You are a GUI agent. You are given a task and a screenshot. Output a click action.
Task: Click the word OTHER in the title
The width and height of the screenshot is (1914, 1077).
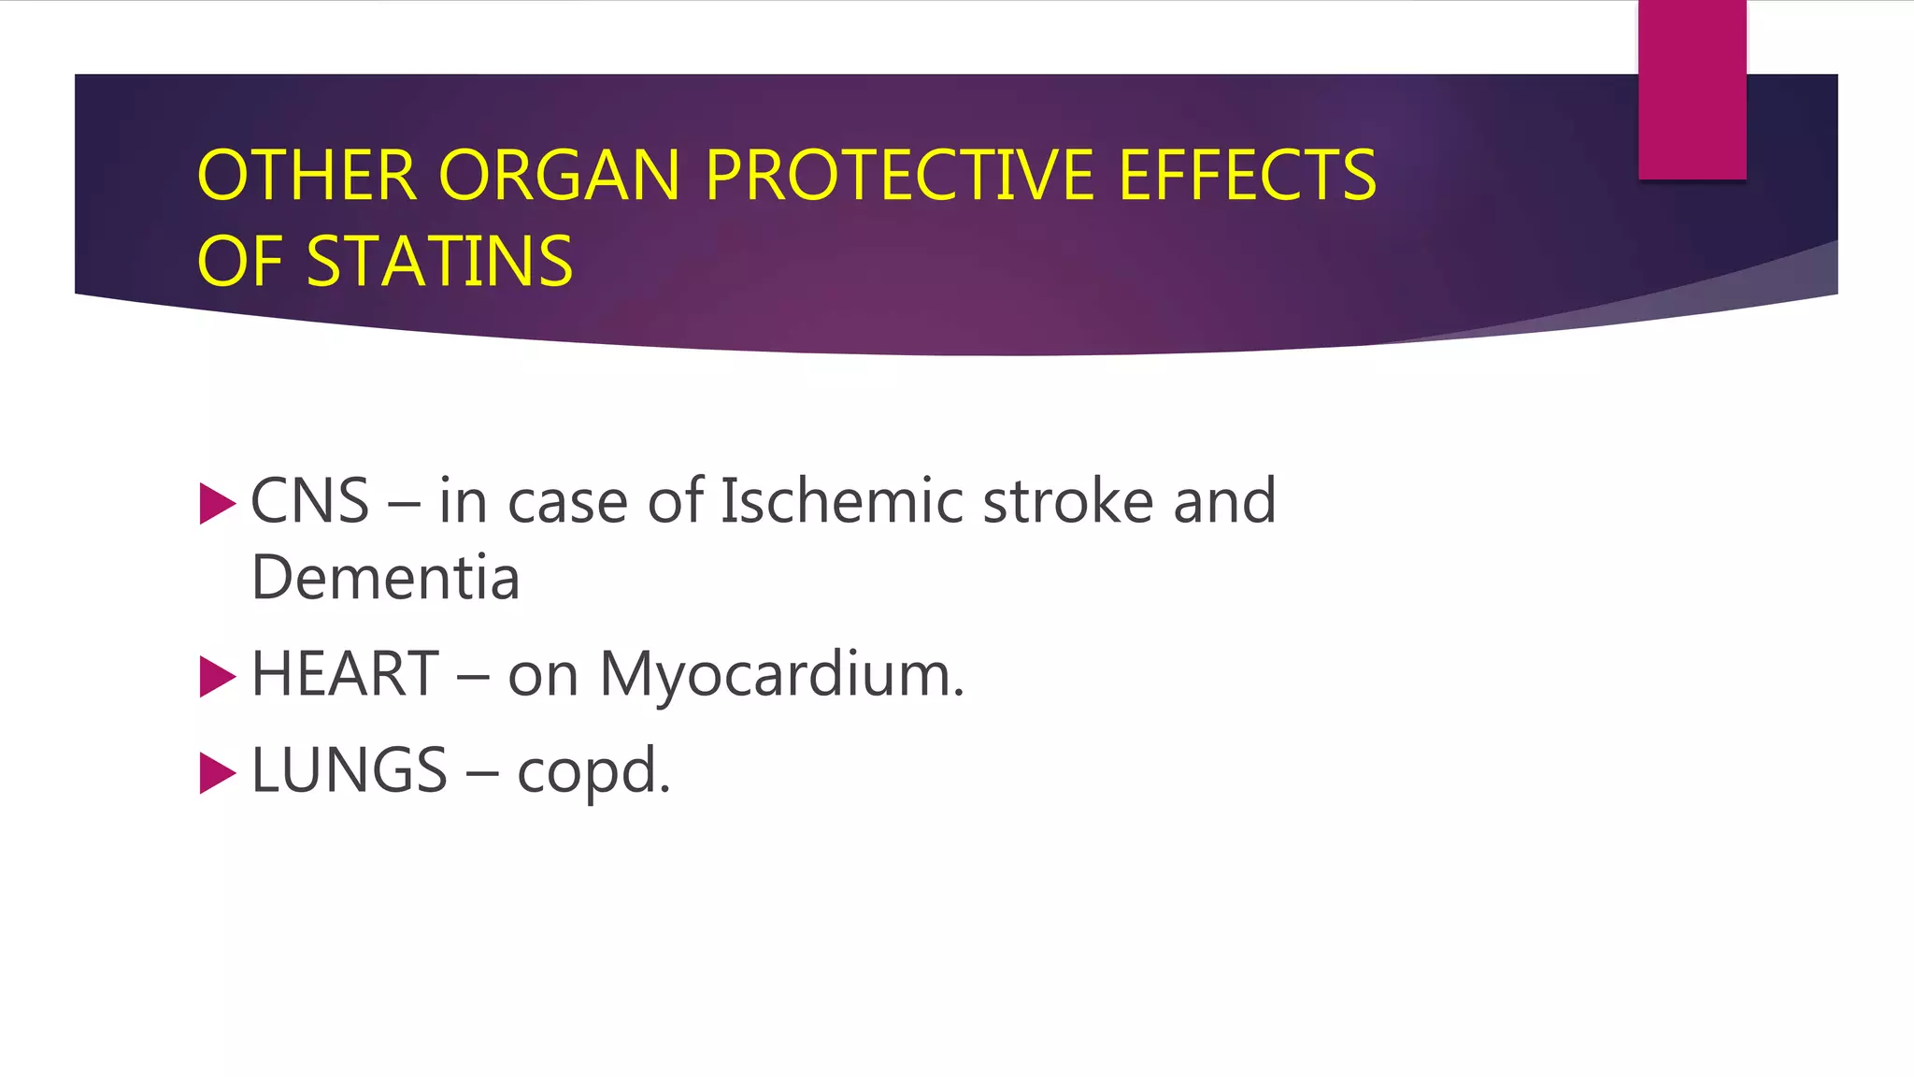[307, 176]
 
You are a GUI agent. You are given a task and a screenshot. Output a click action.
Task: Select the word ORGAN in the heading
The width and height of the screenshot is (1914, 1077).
[559, 176]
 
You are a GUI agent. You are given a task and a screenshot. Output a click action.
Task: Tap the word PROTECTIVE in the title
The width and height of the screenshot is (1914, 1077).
[900, 176]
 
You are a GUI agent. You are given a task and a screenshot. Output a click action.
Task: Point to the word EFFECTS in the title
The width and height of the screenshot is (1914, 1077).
[1247, 176]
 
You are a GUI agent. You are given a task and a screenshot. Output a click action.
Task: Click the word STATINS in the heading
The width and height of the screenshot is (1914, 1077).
[439, 262]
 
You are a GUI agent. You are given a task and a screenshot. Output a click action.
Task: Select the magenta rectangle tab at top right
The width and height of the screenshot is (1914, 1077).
[1692, 90]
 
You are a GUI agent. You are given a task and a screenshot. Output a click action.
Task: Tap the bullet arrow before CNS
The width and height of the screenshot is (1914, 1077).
[217, 504]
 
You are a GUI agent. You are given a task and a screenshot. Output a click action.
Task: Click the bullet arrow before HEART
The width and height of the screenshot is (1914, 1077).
[217, 677]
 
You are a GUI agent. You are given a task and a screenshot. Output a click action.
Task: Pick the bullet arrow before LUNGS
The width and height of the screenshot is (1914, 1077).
[217, 773]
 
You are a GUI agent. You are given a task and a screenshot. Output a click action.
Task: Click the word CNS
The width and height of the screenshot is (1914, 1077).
[309, 501]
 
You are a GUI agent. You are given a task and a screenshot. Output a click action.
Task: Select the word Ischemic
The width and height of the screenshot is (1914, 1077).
[841, 501]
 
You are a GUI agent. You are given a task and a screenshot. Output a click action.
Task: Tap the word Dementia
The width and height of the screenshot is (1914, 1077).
[385, 578]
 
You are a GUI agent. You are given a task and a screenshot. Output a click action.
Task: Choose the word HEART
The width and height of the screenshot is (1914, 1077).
[345, 674]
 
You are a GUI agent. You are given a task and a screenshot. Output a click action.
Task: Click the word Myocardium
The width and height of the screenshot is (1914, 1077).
[780, 676]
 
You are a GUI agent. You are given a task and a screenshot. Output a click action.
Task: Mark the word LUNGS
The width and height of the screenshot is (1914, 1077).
[350, 770]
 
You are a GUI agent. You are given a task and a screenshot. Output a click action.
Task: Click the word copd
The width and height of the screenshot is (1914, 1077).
[593, 772]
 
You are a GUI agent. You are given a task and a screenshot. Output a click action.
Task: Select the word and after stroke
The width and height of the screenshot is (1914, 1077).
[1224, 501]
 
